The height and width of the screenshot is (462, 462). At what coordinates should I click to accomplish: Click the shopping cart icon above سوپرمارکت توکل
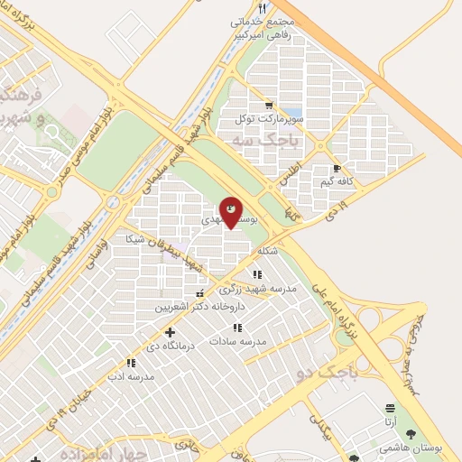(268, 105)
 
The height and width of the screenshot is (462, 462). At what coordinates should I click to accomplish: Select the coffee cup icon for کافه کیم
(337, 168)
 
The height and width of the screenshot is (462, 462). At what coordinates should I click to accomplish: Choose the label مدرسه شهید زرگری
(257, 289)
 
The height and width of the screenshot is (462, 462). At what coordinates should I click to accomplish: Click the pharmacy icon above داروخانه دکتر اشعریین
(199, 292)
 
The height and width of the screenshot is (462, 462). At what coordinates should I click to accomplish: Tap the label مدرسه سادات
(237, 341)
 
